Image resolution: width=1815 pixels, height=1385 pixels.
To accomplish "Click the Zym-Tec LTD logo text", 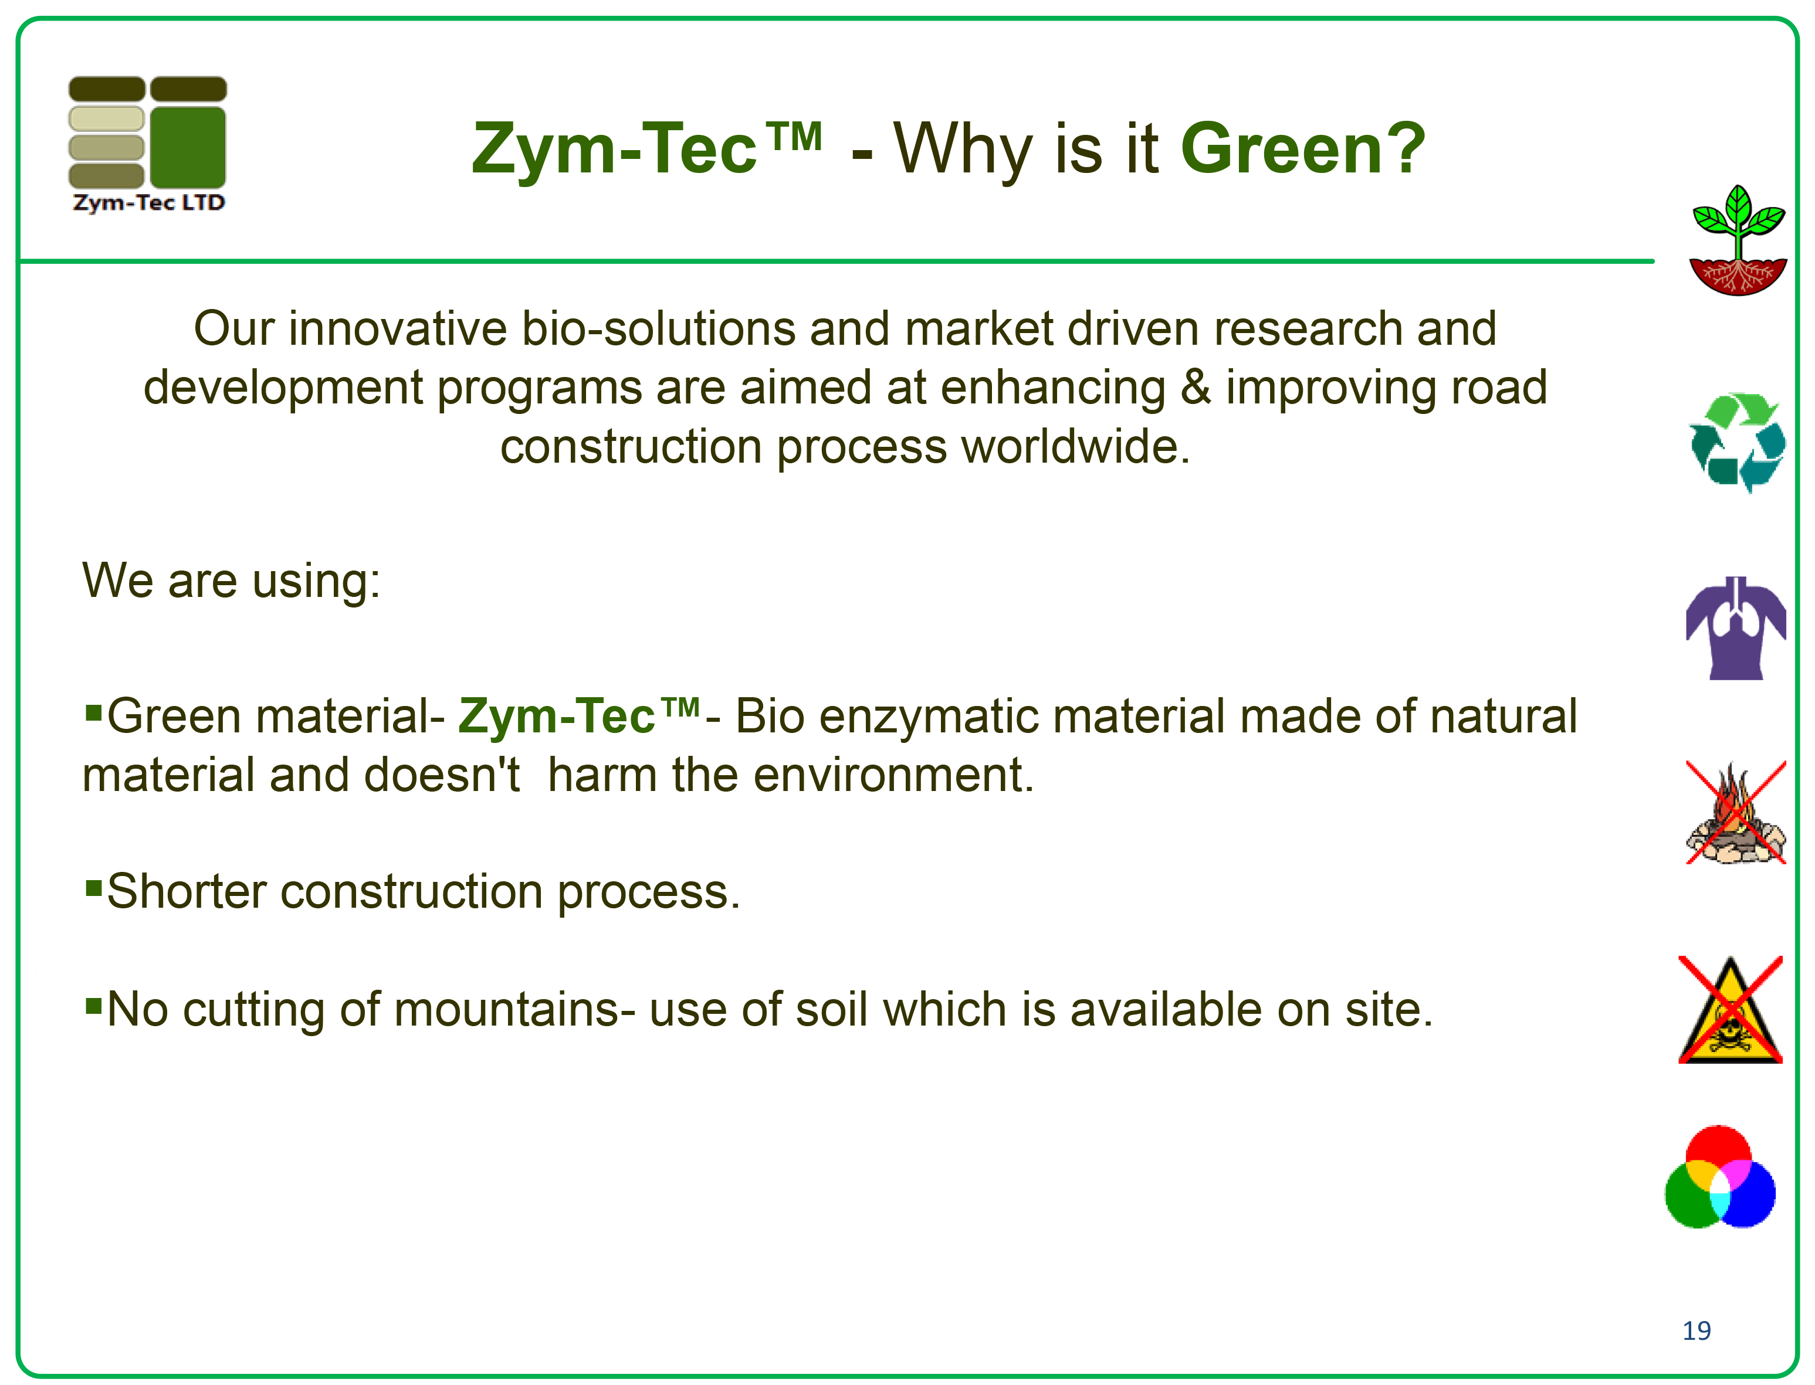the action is click(148, 203).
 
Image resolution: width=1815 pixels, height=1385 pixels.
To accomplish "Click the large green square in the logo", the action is click(188, 147).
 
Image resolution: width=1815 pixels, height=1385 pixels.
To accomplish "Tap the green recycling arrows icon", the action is click(1738, 443).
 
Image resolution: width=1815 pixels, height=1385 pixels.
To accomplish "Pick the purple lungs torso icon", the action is click(1736, 628).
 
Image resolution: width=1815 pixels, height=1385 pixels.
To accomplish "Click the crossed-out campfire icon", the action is click(1736, 813).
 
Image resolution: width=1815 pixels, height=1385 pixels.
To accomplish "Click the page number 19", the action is click(1697, 1330).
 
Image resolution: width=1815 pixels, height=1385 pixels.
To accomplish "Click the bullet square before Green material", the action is click(93, 710).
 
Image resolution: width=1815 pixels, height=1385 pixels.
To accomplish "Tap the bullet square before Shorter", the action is click(93, 888).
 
